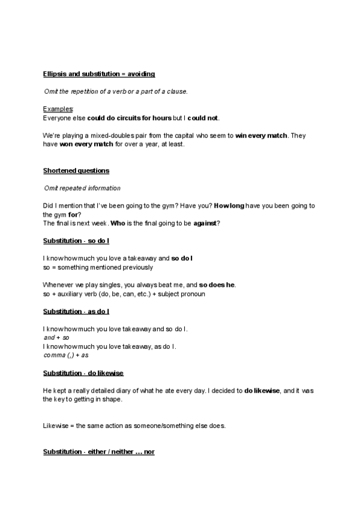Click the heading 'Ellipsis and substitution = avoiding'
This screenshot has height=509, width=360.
[x=99, y=74]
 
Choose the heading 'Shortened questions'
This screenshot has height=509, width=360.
[x=76, y=171]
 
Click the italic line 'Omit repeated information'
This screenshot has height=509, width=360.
[x=82, y=188]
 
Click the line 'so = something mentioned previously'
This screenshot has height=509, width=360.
[x=98, y=267]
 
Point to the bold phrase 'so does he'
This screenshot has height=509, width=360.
[x=217, y=285]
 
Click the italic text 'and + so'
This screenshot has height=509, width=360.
[x=57, y=338]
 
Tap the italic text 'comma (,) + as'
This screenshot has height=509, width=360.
[x=66, y=355]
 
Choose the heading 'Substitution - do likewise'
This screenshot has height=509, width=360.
[x=83, y=373]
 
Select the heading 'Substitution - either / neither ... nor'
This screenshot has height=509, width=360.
[x=99, y=451]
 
